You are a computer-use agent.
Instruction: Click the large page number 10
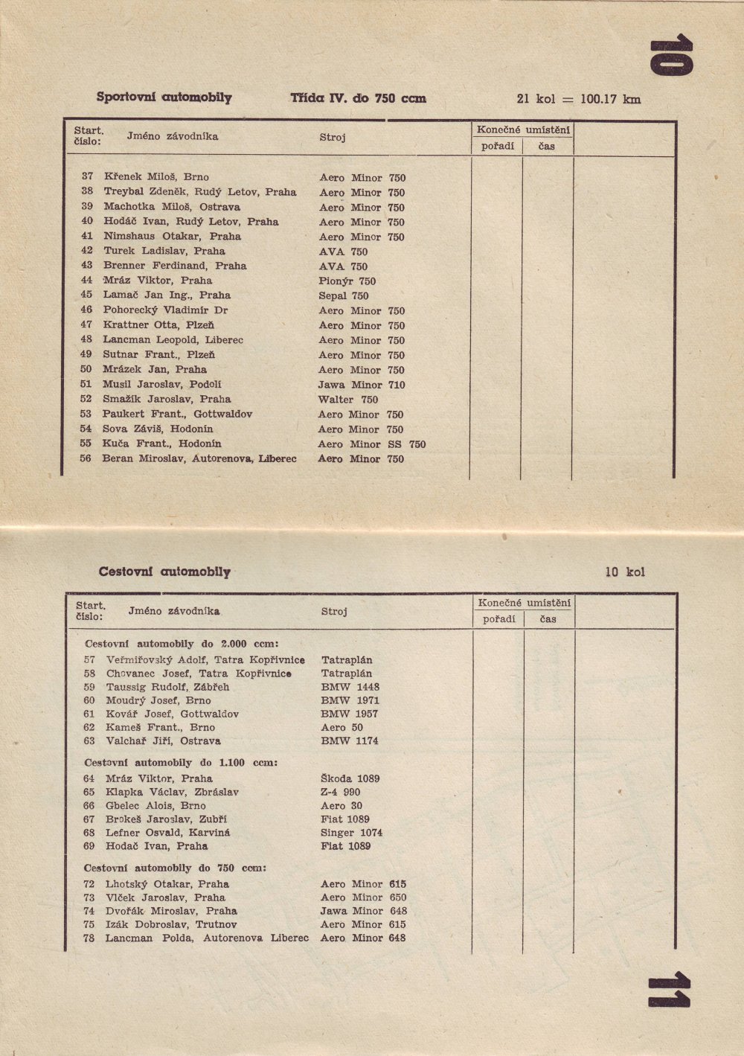point(671,57)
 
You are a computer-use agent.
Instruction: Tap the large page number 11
point(669,991)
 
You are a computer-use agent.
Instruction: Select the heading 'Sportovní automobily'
point(164,97)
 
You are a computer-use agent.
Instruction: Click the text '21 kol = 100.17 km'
point(578,99)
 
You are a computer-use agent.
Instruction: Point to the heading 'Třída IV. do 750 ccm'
point(358,98)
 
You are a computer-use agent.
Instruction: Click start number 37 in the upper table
point(88,177)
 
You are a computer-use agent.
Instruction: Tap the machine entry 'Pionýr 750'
point(347,281)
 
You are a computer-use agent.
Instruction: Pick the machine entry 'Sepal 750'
point(344,295)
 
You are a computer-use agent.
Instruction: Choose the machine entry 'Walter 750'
point(348,400)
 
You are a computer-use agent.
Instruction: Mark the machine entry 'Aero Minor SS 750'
point(372,444)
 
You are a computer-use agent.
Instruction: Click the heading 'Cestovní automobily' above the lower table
point(164,572)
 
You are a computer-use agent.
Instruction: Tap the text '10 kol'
point(625,572)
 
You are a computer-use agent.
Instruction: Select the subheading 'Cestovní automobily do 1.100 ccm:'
point(181,763)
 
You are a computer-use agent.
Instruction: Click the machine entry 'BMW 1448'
point(350,687)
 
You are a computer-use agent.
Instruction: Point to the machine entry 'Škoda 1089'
point(350,778)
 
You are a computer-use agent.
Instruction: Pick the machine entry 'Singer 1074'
point(352,833)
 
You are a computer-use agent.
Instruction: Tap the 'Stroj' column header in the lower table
point(334,612)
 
